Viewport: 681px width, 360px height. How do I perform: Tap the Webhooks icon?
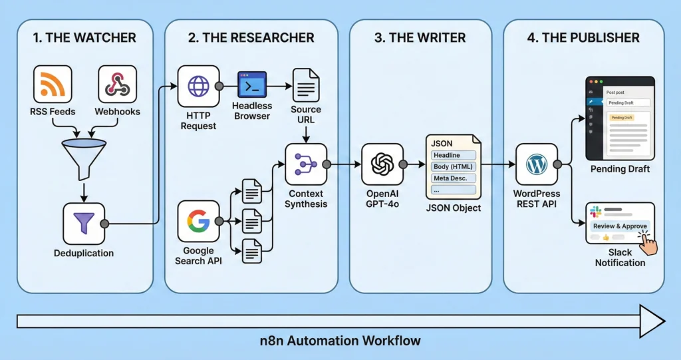click(x=117, y=85)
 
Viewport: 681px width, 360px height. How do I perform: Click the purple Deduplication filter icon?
click(x=84, y=224)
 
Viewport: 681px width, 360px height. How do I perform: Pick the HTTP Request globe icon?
click(x=198, y=87)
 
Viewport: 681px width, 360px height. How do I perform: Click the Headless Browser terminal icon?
click(x=252, y=85)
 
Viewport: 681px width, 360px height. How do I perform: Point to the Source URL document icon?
click(x=305, y=85)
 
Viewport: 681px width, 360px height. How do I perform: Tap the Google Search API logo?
click(x=198, y=221)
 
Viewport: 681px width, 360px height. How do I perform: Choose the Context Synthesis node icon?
click(x=306, y=164)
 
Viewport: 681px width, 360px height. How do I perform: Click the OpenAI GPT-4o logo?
click(x=382, y=164)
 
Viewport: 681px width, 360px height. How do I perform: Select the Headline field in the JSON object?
click(x=454, y=155)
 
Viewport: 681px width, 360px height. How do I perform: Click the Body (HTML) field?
click(x=454, y=166)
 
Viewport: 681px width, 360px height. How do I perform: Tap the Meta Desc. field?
click(x=454, y=178)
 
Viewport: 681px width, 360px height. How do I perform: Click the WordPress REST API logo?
click(x=537, y=164)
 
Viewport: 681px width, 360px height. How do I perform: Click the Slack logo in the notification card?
click(x=595, y=212)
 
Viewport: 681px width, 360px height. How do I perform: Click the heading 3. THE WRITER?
click(x=421, y=38)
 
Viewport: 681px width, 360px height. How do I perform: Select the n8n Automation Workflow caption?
click(x=340, y=341)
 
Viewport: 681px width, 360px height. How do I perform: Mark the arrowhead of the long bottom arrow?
click(x=652, y=321)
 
